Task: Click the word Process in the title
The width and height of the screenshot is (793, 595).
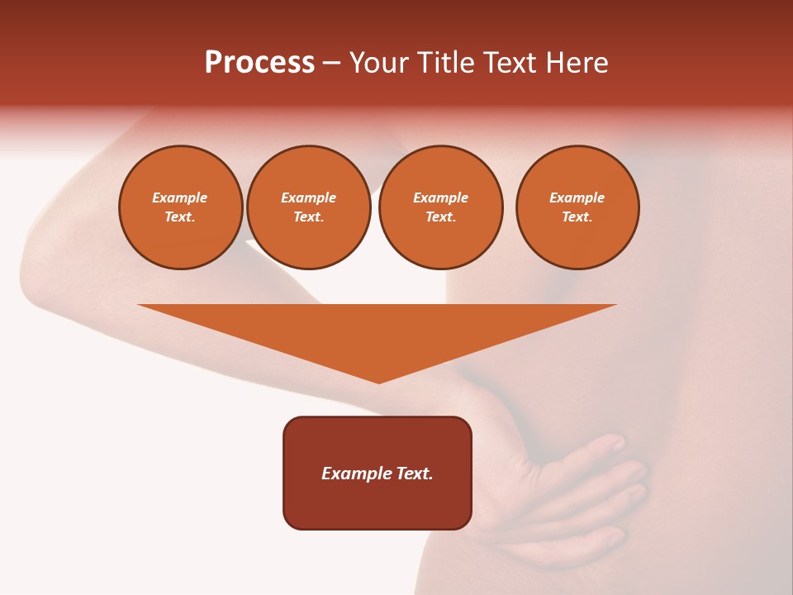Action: coord(259,63)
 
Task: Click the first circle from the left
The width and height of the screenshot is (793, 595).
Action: coord(181,207)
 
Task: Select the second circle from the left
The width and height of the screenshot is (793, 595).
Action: coord(309,207)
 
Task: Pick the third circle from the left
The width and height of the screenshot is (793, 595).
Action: coord(440,207)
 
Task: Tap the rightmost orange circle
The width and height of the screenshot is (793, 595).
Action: coord(577,207)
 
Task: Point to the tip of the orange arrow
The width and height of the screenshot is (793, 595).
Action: coord(378,382)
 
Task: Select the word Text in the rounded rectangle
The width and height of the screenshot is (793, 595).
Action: coord(414,474)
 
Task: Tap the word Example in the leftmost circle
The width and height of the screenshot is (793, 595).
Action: coord(180,198)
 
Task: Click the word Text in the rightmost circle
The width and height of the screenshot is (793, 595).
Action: coord(577,217)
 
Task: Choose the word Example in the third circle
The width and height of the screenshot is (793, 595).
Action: coord(440,198)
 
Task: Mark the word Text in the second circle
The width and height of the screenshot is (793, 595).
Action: coord(308,217)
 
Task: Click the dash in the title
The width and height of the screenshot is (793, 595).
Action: coord(331,63)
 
